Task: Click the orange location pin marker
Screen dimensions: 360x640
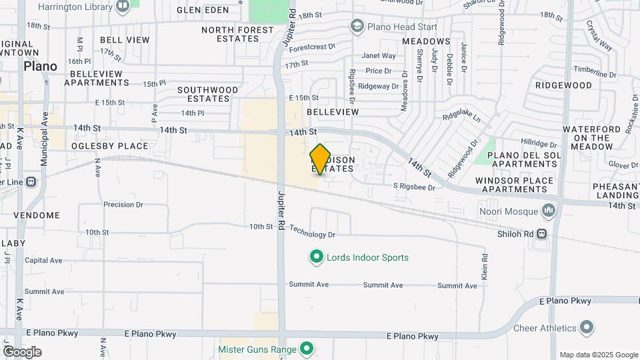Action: [321, 159]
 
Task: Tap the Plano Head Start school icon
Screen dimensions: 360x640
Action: [357, 27]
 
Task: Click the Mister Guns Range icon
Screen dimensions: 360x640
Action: [307, 348]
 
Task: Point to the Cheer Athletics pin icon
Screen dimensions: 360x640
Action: [587, 328]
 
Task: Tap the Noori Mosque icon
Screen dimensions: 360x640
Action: [549, 211]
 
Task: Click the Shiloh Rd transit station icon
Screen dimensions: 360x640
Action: [542, 234]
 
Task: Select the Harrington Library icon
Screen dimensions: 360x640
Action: [123, 7]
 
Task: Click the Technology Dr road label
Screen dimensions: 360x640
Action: [312, 235]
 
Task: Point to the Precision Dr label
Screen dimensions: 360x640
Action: [123, 205]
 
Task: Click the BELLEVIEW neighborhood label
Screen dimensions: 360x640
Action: [333, 112]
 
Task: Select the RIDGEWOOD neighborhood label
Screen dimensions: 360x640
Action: [563, 85]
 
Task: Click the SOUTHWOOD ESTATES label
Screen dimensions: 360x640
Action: [207, 94]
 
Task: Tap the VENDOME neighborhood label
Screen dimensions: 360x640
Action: [37, 215]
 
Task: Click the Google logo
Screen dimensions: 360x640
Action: [22, 351]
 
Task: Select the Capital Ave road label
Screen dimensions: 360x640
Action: [43, 261]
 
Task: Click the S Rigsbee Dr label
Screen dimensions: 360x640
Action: [414, 187]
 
